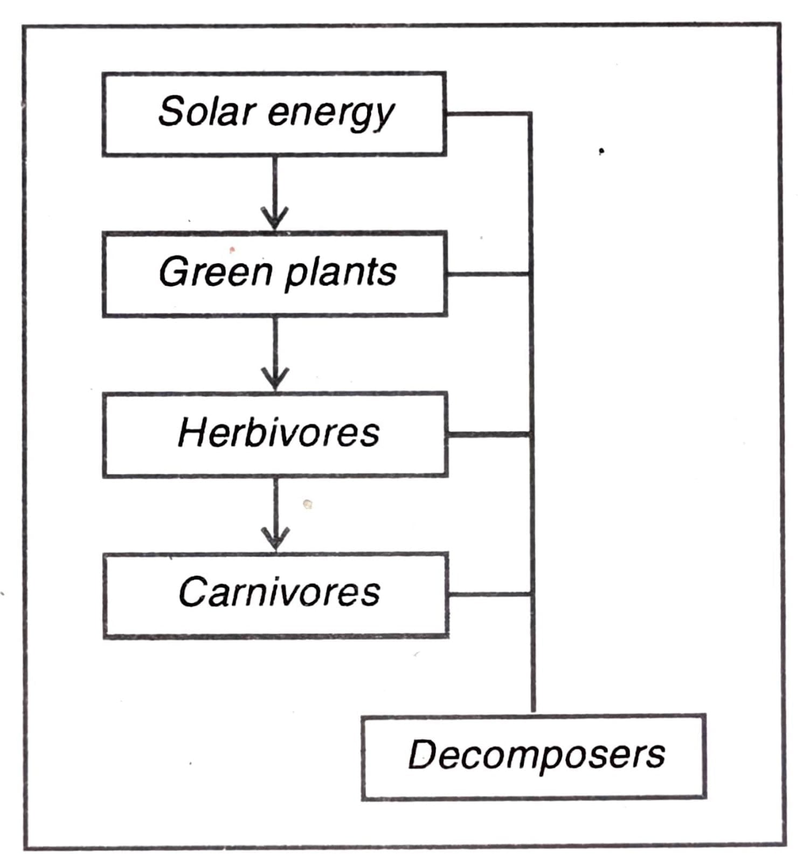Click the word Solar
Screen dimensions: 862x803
(x=206, y=112)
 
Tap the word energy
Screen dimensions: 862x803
(x=330, y=114)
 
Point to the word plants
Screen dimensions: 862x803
(x=340, y=273)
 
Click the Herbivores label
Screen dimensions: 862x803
(x=278, y=433)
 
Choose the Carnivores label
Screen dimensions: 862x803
(x=279, y=592)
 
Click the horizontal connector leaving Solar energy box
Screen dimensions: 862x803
(x=488, y=114)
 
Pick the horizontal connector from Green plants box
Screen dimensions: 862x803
(x=488, y=274)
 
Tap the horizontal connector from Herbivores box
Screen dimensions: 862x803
(x=488, y=434)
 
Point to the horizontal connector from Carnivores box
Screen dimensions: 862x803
(x=488, y=594)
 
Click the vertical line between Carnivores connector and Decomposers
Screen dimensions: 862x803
(x=532, y=655)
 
